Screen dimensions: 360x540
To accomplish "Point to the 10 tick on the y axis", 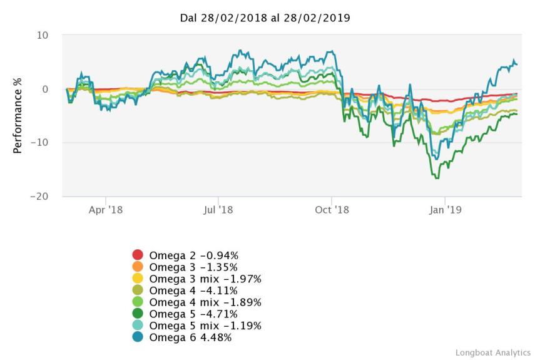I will point(43,36).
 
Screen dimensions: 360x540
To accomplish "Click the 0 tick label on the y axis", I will point(45,89).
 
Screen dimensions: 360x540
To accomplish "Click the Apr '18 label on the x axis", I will point(106,210).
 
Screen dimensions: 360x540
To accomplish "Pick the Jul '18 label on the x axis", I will point(218,210).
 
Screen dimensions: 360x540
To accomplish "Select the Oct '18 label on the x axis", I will point(332,210).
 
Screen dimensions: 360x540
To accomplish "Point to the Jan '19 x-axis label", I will point(444,210).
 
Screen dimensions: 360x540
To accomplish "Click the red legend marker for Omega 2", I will point(138,255).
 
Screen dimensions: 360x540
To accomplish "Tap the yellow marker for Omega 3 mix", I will point(138,279).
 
